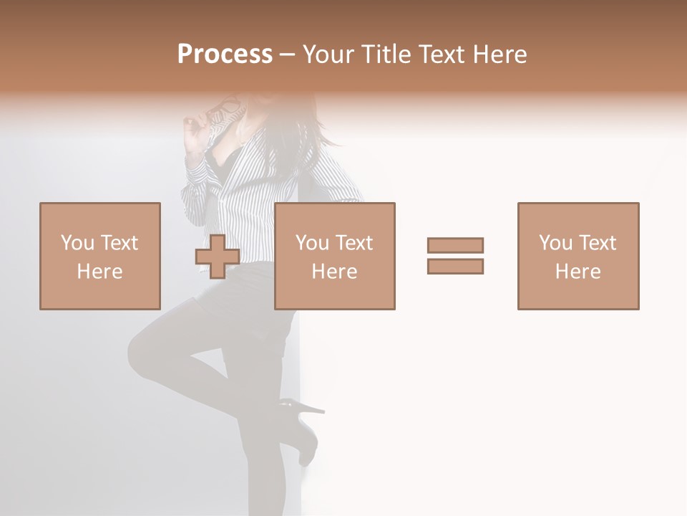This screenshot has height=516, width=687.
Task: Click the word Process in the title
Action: click(225, 54)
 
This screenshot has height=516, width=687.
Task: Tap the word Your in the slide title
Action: click(328, 54)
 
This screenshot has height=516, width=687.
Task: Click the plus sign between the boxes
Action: click(218, 257)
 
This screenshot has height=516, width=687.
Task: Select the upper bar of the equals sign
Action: click(455, 245)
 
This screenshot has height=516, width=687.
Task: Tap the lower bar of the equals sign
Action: click(455, 266)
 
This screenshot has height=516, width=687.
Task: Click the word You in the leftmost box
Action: click(77, 242)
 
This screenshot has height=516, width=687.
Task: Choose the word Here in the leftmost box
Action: click(99, 272)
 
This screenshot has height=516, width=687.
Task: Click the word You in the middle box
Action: click(311, 242)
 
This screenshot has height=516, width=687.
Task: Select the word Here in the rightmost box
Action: click(578, 272)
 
